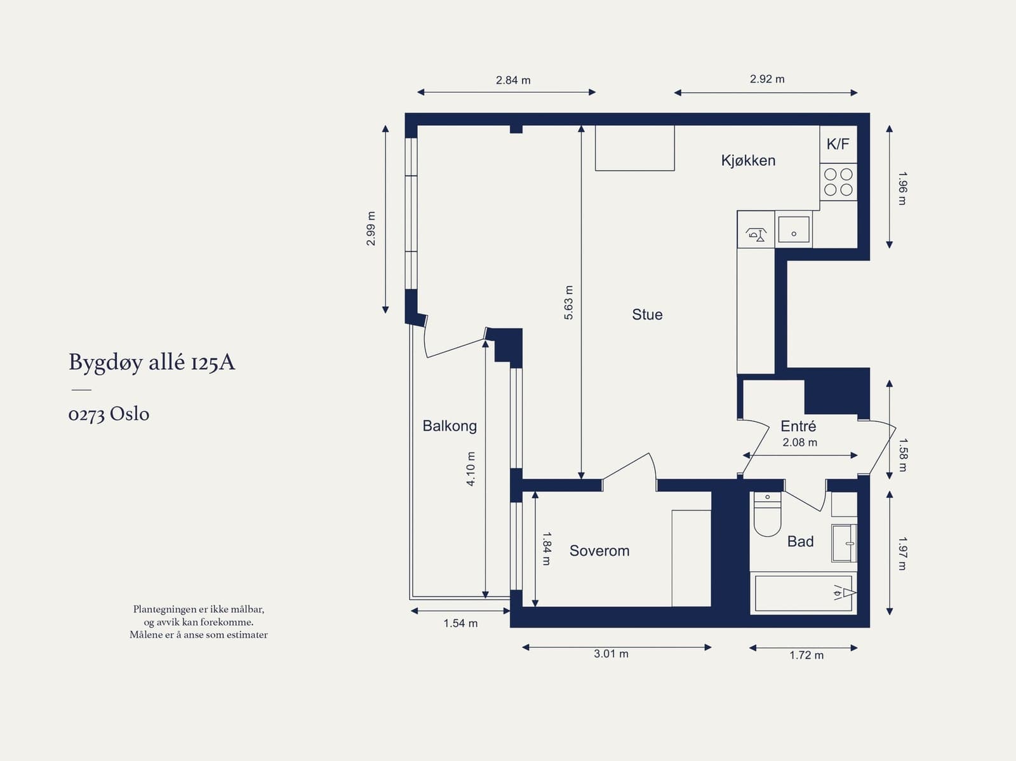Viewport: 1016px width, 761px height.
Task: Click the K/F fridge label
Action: (838, 144)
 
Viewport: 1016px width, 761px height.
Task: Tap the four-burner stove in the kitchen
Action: (838, 182)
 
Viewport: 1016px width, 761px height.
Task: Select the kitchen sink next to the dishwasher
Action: (794, 229)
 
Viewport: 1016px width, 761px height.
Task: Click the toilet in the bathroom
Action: (767, 516)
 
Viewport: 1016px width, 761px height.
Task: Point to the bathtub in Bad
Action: (803, 593)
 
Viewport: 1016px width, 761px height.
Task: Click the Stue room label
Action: (647, 314)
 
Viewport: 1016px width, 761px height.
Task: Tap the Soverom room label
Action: (599, 551)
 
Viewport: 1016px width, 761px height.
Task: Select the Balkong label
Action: (450, 426)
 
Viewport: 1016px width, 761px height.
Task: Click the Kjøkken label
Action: (748, 160)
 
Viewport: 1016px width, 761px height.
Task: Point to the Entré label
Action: (798, 426)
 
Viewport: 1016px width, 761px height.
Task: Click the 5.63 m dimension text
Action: (568, 302)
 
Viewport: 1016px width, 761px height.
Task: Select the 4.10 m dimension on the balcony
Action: (471, 469)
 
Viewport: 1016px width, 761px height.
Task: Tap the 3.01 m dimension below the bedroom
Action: (611, 654)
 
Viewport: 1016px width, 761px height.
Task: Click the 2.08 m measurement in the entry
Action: (799, 442)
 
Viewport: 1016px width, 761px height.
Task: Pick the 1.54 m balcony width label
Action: (460, 623)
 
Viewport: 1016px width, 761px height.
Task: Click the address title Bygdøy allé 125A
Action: (152, 362)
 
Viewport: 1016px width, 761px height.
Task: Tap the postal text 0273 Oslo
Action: (109, 414)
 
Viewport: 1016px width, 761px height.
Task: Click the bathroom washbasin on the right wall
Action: (844, 543)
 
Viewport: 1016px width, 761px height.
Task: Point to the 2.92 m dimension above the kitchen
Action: (766, 79)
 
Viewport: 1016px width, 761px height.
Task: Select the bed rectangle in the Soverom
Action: (691, 558)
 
